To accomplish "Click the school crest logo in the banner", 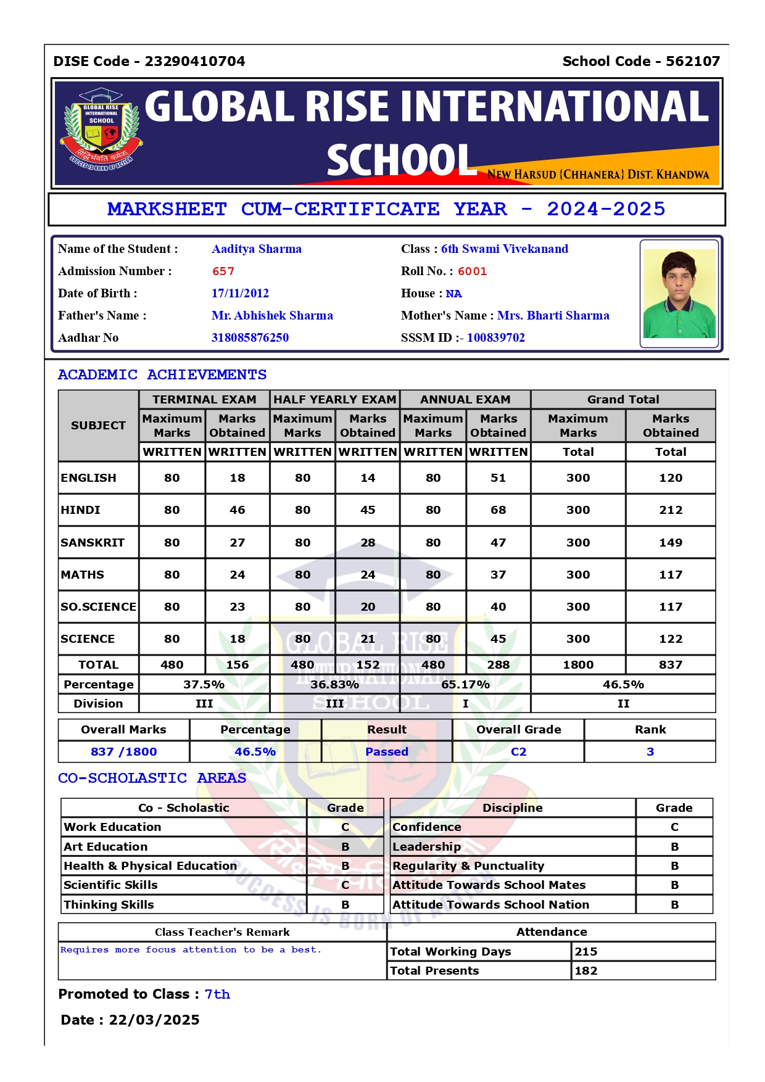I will tap(101, 130).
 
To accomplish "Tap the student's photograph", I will tap(679, 294).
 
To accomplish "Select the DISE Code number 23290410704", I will tap(195, 62).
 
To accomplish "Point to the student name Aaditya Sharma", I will tap(257, 249).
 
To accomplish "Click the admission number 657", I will tap(223, 271).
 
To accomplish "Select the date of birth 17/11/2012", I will tap(240, 294).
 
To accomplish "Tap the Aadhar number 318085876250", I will tap(250, 338).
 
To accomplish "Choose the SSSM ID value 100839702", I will tap(495, 338).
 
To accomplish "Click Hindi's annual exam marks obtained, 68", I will tap(498, 510).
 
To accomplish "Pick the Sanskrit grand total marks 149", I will tap(670, 543).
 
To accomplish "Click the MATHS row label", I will tap(83, 575).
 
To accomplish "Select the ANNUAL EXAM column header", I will tap(465, 400).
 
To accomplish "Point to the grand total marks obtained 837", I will tap(670, 665).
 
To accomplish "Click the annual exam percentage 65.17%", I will tap(465, 685).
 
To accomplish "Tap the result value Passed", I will tap(387, 752).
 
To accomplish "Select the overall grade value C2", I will tap(518, 752).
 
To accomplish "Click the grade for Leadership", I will tap(674, 847).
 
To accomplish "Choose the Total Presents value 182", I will tap(586, 971).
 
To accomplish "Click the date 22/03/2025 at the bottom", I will tap(154, 1020).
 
